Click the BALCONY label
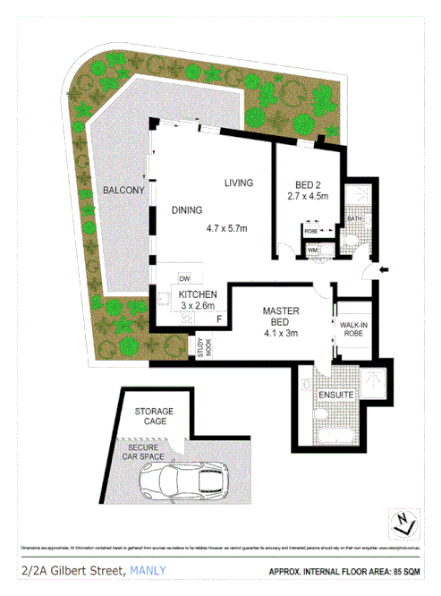click(123, 191)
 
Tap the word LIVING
click(239, 183)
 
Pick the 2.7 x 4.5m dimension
click(308, 196)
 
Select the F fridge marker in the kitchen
click(219, 319)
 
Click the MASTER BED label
click(279, 317)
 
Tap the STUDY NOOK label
click(205, 348)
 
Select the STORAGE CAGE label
click(154, 416)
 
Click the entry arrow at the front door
click(384, 269)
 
